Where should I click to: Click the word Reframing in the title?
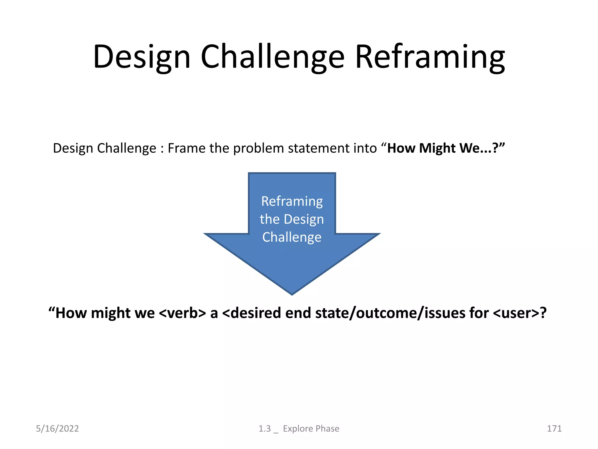[x=430, y=57]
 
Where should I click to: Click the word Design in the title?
[x=142, y=57]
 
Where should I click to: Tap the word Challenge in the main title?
[x=273, y=57]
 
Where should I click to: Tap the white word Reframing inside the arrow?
[x=292, y=201]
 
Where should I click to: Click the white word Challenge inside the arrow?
[x=292, y=237]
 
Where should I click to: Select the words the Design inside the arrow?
[x=292, y=219]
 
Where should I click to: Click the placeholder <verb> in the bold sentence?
[x=182, y=313]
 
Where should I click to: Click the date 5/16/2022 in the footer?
[x=57, y=429]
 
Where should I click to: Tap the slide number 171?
[x=554, y=429]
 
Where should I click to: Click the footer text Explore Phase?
[x=311, y=429]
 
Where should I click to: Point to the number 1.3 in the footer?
[x=265, y=429]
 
